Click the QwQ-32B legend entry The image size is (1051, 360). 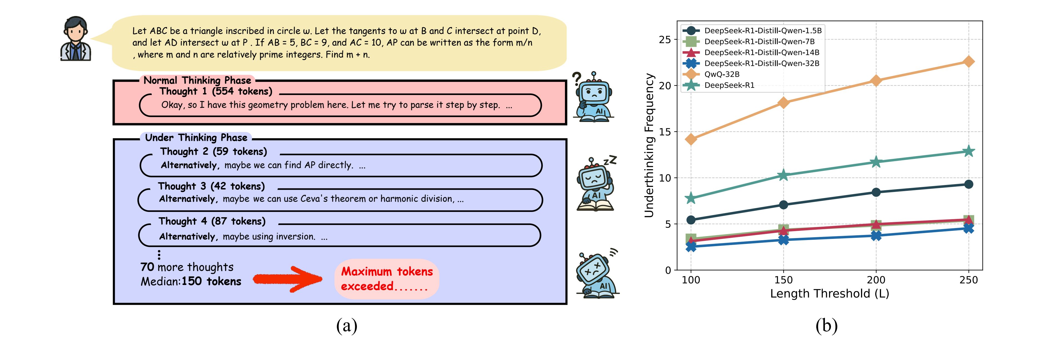(721, 74)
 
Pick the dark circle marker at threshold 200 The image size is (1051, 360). (875, 192)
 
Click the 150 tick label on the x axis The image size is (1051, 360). (783, 280)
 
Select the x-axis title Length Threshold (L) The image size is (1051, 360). (829, 293)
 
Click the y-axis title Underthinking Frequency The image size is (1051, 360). (649, 145)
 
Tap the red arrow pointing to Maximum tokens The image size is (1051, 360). (288, 279)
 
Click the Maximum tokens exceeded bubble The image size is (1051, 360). (386, 279)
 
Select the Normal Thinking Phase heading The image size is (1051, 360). (197, 80)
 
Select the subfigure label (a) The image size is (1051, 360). (346, 326)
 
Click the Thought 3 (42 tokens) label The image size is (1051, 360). (211, 186)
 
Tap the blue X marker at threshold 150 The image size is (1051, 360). (783, 240)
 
